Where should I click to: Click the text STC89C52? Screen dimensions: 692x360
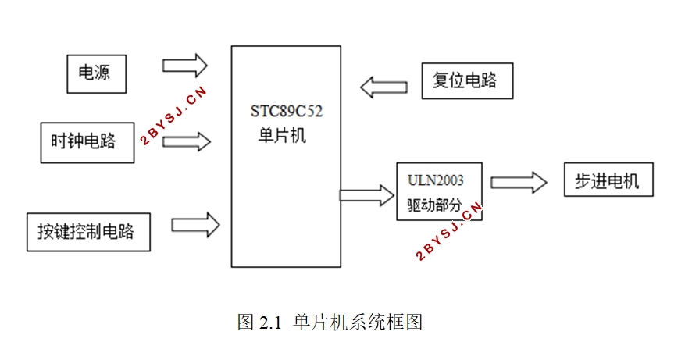[287, 111]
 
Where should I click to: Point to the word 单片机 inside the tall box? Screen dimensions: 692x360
[282, 135]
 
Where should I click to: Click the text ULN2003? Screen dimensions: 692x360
[435, 180]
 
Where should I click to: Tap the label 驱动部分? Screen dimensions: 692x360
[434, 205]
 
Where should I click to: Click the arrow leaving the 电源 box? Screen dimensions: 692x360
[185, 66]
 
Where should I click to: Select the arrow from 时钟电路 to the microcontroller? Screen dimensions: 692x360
[187, 141]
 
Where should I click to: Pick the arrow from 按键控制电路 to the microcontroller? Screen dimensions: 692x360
[195, 225]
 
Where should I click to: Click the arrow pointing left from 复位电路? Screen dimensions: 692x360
[383, 87]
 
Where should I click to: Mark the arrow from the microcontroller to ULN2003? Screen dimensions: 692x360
[367, 195]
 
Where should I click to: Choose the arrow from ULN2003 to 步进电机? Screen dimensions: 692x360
[519, 182]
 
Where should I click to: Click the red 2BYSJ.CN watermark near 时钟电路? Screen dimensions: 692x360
[173, 116]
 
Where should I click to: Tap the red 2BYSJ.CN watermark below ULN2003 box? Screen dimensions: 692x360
[449, 231]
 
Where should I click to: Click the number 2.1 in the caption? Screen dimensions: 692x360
[270, 323]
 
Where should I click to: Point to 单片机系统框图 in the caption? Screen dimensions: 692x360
[358, 322]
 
